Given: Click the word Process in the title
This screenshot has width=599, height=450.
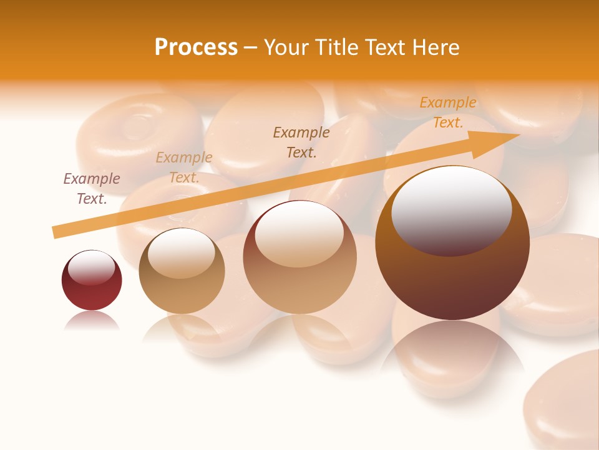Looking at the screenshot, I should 196,47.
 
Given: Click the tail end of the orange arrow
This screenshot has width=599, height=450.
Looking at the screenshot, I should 57,232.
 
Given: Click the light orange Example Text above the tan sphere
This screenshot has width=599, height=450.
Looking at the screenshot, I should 184,167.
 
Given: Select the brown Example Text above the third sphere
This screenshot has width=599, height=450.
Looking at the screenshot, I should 301,142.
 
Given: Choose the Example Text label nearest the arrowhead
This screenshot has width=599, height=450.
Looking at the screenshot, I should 448,112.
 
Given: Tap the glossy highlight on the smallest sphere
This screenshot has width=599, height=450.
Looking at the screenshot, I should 91,267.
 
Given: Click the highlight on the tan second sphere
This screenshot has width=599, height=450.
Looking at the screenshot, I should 181,252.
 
